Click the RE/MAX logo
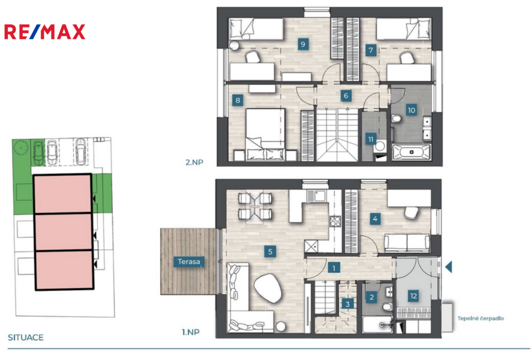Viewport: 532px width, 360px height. pyautogui.click(x=45, y=32)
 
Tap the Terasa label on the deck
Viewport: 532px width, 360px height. pyautogui.click(x=189, y=262)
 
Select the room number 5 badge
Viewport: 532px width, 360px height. pyautogui.click(x=270, y=252)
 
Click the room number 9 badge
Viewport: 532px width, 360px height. pyautogui.click(x=303, y=44)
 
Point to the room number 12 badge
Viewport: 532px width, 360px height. pyautogui.click(x=413, y=296)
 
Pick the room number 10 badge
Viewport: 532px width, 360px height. pyautogui.click(x=411, y=110)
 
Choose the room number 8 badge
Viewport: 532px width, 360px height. pyautogui.click(x=238, y=100)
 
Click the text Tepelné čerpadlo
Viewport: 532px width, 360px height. pyautogui.click(x=481, y=318)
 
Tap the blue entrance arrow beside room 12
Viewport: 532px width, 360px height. pyautogui.click(x=449, y=267)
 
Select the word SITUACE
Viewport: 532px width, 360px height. pyautogui.click(x=26, y=337)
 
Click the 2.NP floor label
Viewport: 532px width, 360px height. pyautogui.click(x=194, y=162)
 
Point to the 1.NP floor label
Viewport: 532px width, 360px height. pyautogui.click(x=191, y=332)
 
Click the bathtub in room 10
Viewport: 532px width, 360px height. pyautogui.click(x=411, y=152)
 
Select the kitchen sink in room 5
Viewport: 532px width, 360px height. pyautogui.click(x=317, y=196)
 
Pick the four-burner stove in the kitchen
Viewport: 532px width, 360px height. pyautogui.click(x=335, y=221)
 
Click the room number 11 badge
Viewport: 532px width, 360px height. pyautogui.click(x=370, y=139)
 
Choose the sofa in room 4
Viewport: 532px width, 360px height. pyautogui.click(x=407, y=243)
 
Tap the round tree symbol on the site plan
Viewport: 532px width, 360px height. pyautogui.click(x=21, y=148)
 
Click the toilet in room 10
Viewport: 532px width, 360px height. pyautogui.click(x=396, y=119)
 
